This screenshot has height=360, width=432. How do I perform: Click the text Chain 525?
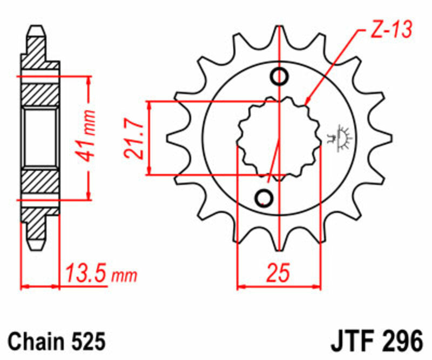pos(56,341)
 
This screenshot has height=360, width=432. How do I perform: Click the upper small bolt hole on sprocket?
pos(279,77)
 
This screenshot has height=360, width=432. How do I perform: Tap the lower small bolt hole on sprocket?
pos(265,198)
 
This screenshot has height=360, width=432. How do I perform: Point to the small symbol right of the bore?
pos(340,136)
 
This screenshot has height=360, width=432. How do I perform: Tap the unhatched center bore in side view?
pos(41,138)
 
